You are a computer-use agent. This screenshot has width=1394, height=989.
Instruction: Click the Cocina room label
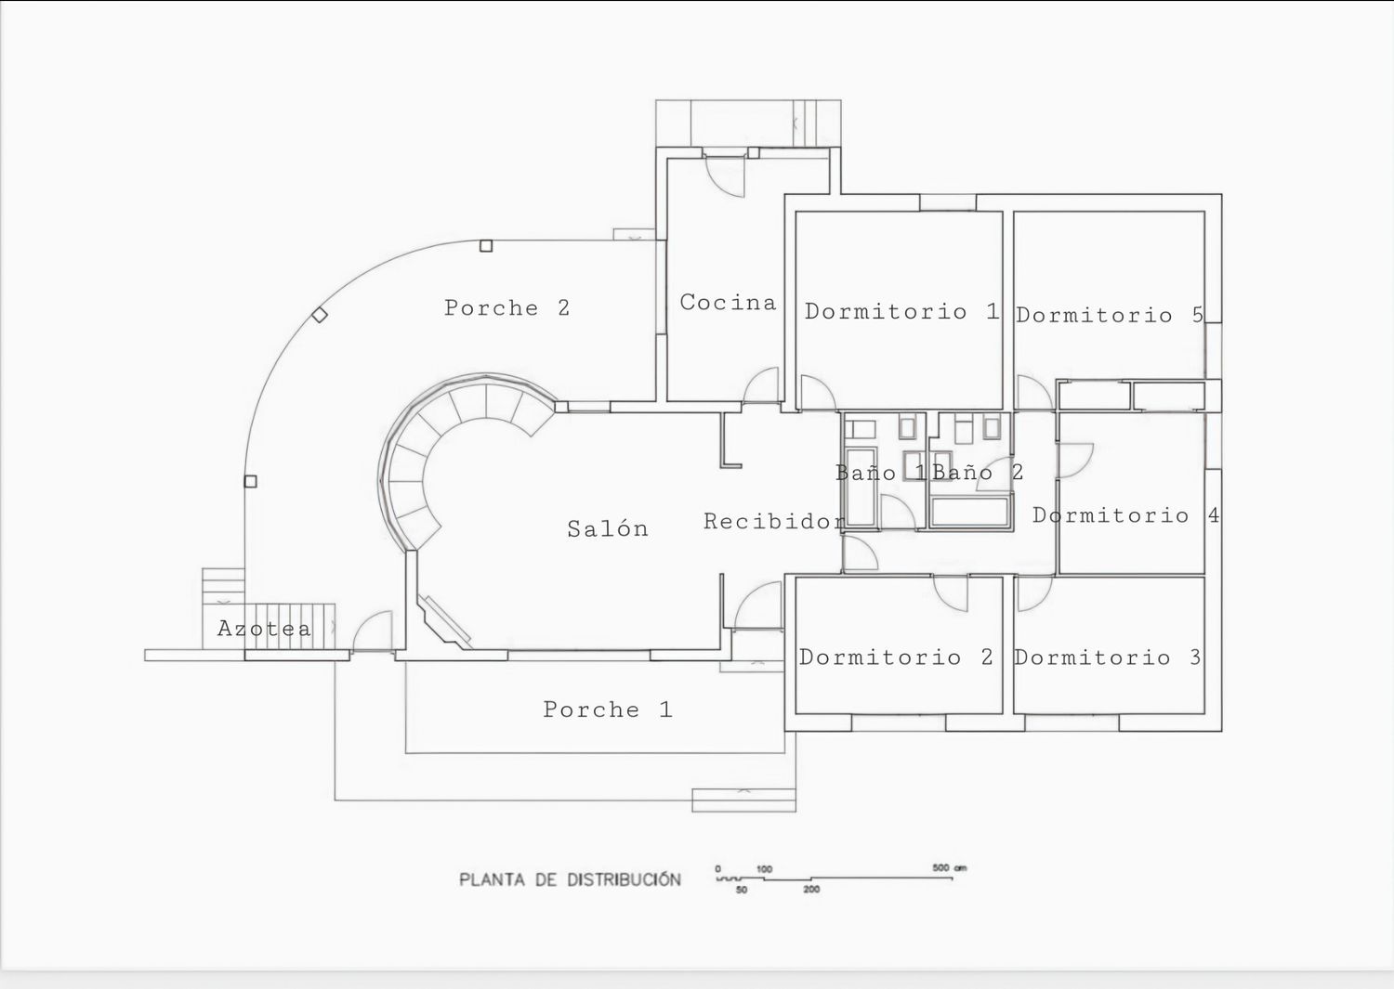728,303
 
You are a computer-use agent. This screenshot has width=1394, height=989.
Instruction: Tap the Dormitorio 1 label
901,311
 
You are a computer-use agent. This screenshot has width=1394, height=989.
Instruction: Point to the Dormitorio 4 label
1125,515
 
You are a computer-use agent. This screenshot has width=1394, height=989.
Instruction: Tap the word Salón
608,528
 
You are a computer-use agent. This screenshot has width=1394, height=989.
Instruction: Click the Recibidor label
775,521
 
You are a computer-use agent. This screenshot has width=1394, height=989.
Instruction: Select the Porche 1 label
608,709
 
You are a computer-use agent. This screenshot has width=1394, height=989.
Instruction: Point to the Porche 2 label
506,307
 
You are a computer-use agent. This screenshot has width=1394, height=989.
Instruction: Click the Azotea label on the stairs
264,629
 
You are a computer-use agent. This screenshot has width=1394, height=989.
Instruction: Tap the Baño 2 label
978,472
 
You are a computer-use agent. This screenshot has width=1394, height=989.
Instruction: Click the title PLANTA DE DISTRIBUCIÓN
570,879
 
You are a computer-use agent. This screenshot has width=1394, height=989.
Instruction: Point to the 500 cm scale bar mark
949,867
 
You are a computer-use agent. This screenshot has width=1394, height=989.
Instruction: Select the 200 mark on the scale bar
811,890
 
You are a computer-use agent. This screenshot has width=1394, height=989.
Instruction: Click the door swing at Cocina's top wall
725,177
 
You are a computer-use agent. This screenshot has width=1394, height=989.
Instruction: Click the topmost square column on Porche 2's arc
486,246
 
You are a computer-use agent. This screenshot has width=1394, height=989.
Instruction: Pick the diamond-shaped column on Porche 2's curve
320,315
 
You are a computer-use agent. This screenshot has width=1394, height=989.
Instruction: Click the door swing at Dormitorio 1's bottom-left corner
817,393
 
